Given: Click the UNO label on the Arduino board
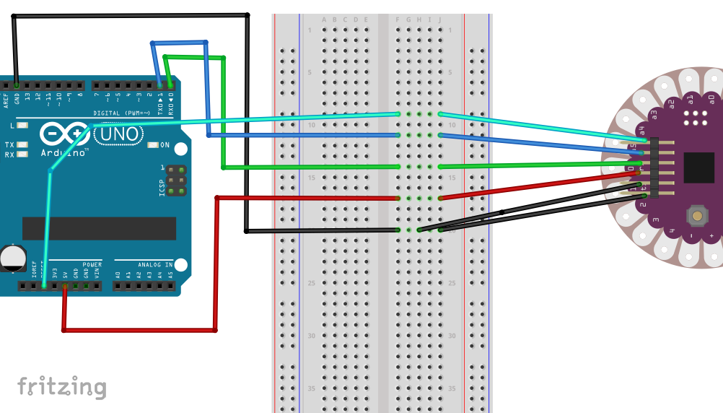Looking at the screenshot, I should [117, 134].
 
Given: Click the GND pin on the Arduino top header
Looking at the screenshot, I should [17, 85].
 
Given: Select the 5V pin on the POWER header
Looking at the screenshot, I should [65, 286].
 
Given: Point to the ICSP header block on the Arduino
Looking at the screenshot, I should [175, 180].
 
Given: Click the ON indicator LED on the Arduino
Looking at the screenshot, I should [152, 145].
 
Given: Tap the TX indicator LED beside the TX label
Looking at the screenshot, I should [23, 145].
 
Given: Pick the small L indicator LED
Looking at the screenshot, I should [23, 126].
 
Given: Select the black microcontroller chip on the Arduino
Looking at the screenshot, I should [99, 228].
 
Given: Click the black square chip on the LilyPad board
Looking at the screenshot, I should [698, 167].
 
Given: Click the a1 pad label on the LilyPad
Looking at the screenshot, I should [690, 98].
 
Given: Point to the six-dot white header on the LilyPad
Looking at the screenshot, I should [696, 118].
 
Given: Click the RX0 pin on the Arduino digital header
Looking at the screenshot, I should [171, 85].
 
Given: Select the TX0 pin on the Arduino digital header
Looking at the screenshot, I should [160, 85].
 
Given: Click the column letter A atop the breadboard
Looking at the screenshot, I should [324, 19].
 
